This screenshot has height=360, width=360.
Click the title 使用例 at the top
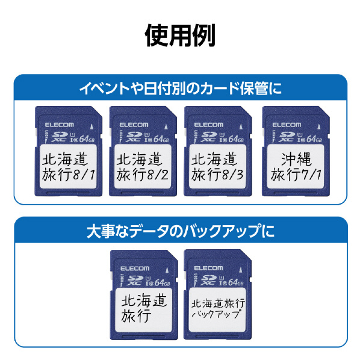click(180, 36)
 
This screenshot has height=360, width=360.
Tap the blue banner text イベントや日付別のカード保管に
click(181, 88)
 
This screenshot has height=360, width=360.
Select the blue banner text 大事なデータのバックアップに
click(181, 231)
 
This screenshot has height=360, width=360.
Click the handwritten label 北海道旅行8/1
click(69, 167)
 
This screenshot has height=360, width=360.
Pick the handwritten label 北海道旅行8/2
click(143, 167)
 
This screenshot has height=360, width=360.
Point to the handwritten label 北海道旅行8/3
click(217, 167)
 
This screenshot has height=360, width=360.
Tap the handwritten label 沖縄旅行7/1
click(296, 167)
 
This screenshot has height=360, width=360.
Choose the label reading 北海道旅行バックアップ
click(218, 308)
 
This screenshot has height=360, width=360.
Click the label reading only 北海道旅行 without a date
click(144, 308)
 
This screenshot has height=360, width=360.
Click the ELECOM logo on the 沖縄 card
click(287, 125)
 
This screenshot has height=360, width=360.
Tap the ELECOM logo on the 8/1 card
click(60, 125)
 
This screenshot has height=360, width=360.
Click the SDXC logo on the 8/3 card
click(208, 137)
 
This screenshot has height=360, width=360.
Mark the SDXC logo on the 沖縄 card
click(287, 137)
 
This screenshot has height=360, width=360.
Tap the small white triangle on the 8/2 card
click(166, 126)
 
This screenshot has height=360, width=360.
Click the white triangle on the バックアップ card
click(241, 270)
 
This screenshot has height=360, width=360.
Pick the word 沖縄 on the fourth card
click(296, 160)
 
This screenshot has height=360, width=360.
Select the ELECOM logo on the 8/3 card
click(209, 125)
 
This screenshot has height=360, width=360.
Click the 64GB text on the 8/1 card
click(87, 139)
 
